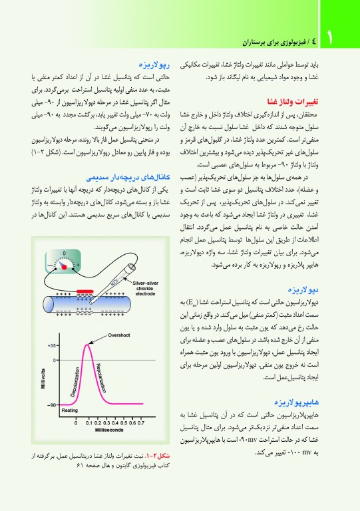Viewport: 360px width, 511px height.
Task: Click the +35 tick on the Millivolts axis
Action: (x=52, y=347)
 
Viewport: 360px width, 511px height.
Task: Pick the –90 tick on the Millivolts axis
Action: (x=52, y=405)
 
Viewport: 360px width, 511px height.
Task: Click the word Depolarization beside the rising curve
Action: (x=73, y=381)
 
